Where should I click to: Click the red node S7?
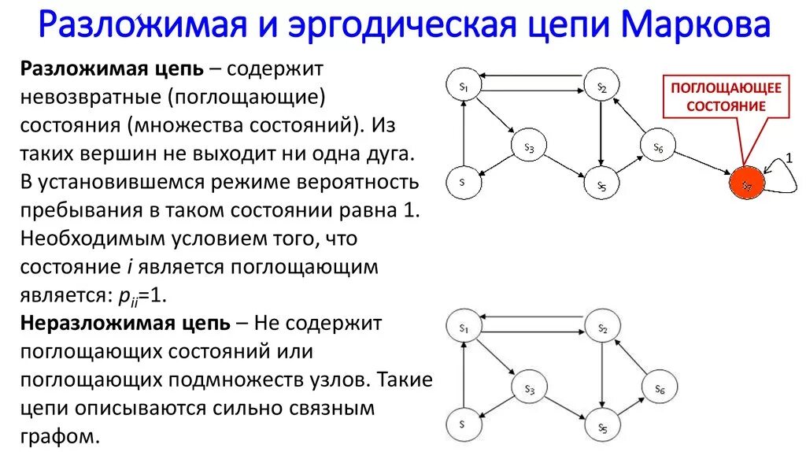pyautogui.click(x=745, y=184)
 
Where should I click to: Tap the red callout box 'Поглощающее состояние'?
pyautogui.click(x=726, y=97)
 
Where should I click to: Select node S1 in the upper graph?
pyautogui.click(x=464, y=86)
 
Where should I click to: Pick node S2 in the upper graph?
pyautogui.click(x=602, y=87)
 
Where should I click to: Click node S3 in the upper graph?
pyautogui.click(x=529, y=147)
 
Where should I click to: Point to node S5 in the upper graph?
pyautogui.click(x=601, y=185)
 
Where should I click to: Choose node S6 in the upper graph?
pyautogui.click(x=659, y=147)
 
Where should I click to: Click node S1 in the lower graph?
pyautogui.click(x=464, y=327)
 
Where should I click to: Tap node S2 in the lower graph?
pyautogui.click(x=602, y=327)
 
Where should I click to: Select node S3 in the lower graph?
pyautogui.click(x=529, y=388)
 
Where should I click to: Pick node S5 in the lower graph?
pyautogui.click(x=601, y=427)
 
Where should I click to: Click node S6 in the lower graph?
pyautogui.click(x=659, y=388)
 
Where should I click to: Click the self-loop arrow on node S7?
pyautogui.click(x=779, y=175)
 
